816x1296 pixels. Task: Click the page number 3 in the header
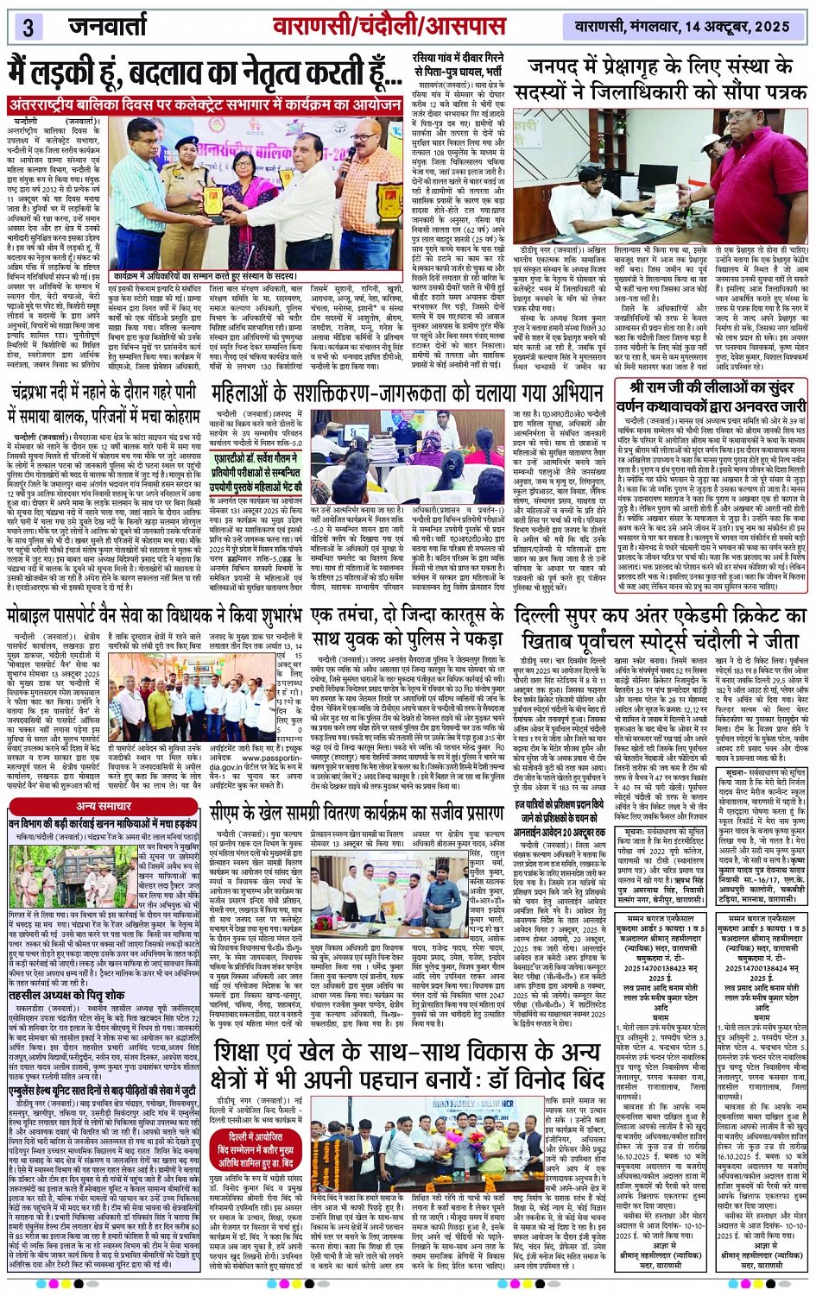tap(26, 27)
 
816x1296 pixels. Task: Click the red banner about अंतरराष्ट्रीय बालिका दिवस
tap(205, 105)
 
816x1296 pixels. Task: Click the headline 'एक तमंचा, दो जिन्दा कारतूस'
tap(408, 627)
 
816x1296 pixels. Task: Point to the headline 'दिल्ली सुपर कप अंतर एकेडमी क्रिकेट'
tap(658, 627)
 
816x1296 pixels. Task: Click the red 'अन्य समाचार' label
tap(104, 806)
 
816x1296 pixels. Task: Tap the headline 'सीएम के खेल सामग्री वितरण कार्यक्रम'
tap(357, 815)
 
